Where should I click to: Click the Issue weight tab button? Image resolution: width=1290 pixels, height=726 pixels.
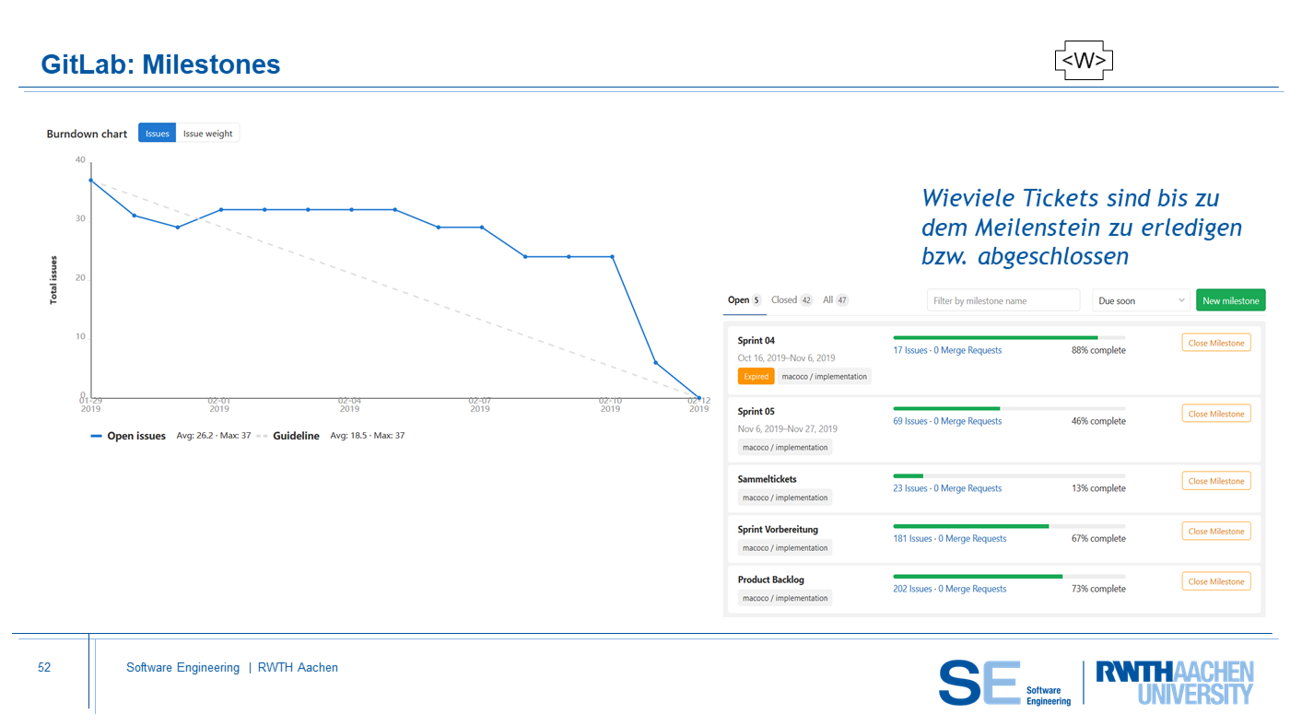(x=207, y=134)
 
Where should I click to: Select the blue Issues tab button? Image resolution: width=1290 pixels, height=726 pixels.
(x=158, y=134)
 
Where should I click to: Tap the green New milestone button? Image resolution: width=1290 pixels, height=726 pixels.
(x=1230, y=300)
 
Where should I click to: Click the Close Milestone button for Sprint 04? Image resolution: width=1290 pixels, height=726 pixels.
(x=1216, y=343)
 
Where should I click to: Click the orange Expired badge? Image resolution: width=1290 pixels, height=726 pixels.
(x=756, y=376)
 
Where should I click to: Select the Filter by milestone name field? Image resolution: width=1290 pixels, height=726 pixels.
(x=1003, y=300)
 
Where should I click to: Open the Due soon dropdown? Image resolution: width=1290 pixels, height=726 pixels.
(x=1141, y=300)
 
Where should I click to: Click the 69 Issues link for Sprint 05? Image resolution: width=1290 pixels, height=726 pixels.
(x=910, y=421)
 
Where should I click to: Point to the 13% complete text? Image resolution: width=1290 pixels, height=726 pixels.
(x=1098, y=488)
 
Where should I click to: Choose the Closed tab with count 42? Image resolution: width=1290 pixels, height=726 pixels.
(x=792, y=300)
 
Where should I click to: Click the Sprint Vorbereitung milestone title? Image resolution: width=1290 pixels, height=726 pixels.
(x=778, y=530)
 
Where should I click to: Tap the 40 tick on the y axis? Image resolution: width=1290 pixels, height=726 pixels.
(x=80, y=160)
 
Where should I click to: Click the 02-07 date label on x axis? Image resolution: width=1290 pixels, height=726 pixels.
(x=480, y=404)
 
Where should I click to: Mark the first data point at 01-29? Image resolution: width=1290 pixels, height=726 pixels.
(x=90, y=181)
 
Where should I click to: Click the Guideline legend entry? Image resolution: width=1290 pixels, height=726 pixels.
(x=296, y=436)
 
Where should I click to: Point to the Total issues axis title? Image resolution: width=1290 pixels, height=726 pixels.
(x=53, y=280)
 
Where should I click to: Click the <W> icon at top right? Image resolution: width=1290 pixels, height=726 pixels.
(x=1084, y=61)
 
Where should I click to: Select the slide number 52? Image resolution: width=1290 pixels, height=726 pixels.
(x=44, y=668)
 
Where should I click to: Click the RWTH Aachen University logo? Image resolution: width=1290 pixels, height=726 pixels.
(x=1174, y=682)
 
